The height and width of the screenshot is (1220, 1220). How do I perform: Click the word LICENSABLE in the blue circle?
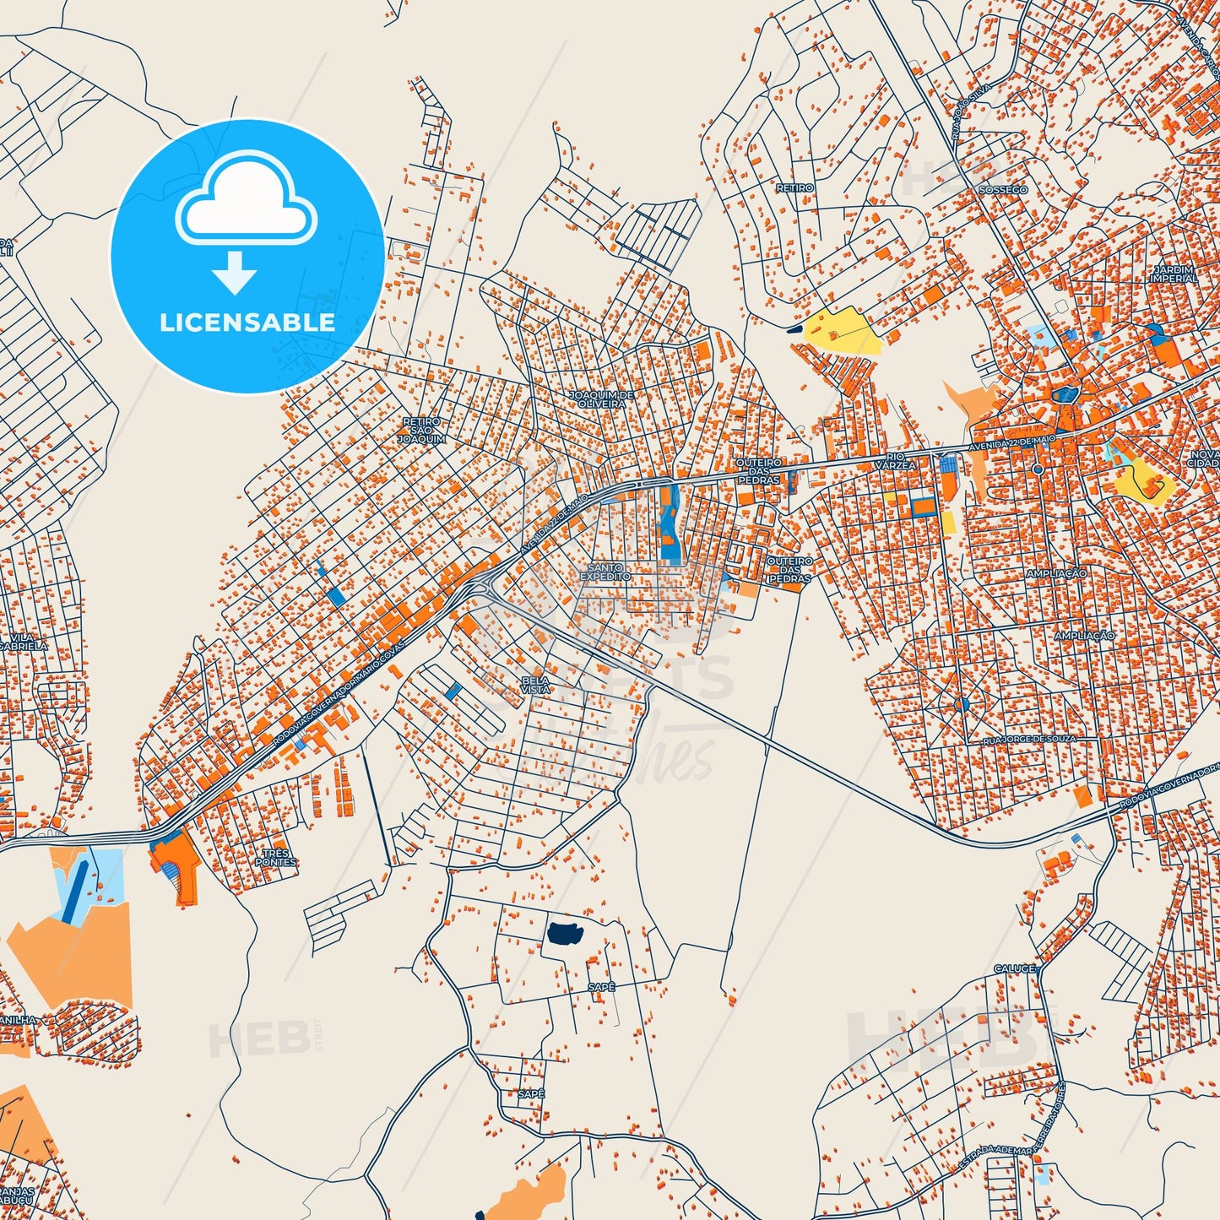[247, 322]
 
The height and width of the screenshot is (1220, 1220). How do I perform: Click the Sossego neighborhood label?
[1003, 190]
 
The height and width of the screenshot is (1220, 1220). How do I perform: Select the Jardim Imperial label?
[1174, 274]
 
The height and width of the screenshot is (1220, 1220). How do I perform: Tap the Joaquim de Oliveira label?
[602, 399]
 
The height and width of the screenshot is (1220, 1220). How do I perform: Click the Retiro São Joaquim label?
[421, 431]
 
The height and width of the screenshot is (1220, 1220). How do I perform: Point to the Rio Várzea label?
[895, 461]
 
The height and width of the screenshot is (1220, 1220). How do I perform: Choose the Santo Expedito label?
[605, 572]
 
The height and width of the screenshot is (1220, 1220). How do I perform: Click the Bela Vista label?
[535, 685]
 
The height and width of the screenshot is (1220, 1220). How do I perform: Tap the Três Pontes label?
[276, 858]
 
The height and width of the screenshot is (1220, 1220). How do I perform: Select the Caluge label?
[1014, 968]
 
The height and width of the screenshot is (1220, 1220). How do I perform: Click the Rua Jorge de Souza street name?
[1029, 740]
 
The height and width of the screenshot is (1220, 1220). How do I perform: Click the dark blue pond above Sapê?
[566, 933]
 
